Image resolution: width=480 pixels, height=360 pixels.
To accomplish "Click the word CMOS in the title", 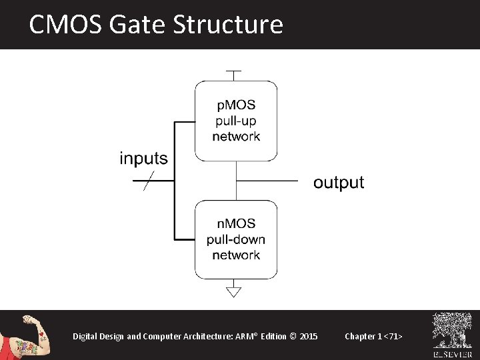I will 64,25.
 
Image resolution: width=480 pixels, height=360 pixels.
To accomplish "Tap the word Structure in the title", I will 228,25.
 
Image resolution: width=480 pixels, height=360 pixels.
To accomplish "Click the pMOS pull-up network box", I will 236,121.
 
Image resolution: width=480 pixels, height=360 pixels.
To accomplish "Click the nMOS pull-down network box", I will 236,239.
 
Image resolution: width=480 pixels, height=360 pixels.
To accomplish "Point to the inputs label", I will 143,159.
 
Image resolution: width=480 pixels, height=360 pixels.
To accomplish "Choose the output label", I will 339,183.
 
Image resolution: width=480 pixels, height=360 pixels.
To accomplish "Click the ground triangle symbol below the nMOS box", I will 234,291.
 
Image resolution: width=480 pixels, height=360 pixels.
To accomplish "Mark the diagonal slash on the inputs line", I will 149,181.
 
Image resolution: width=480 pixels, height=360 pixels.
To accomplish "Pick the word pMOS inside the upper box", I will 236,105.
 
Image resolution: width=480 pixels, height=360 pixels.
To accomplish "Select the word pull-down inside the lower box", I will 236,239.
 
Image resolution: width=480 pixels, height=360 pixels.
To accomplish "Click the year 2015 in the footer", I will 309,336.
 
